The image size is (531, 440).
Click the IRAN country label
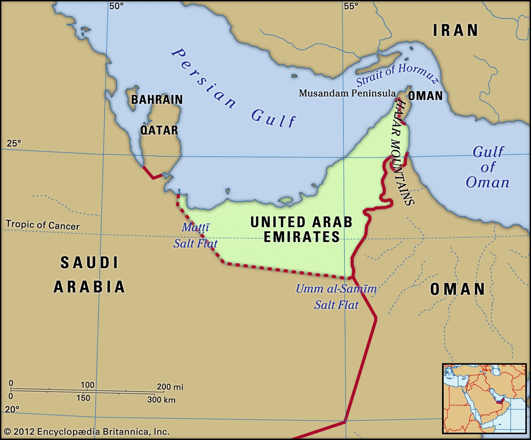[455, 31]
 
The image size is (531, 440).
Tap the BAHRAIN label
[157, 100]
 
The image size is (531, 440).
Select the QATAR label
[159, 130]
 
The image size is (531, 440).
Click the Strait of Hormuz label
[397, 75]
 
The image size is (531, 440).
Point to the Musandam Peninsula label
[347, 93]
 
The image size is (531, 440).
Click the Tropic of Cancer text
[42, 225]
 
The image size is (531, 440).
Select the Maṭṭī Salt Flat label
[195, 236]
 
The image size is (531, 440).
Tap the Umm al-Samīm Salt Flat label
[336, 296]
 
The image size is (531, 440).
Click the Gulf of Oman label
[488, 167]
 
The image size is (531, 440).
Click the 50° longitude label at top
[116, 6]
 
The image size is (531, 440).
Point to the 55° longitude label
[351, 6]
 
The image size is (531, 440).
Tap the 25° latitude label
[14, 143]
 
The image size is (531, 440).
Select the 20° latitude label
[12, 409]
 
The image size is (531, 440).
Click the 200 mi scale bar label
[170, 387]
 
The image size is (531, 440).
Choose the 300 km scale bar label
[161, 400]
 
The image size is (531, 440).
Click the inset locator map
[484, 398]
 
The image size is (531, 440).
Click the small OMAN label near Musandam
[425, 96]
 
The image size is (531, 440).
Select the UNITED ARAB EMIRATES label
[301, 229]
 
